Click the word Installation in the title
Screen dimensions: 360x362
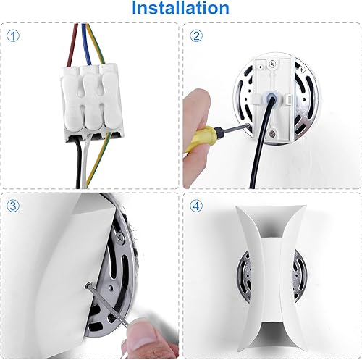tap(180, 9)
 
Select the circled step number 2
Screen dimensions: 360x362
tap(195, 35)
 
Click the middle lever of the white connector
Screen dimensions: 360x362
tap(90, 94)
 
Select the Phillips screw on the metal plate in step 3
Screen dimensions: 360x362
tap(118, 233)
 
